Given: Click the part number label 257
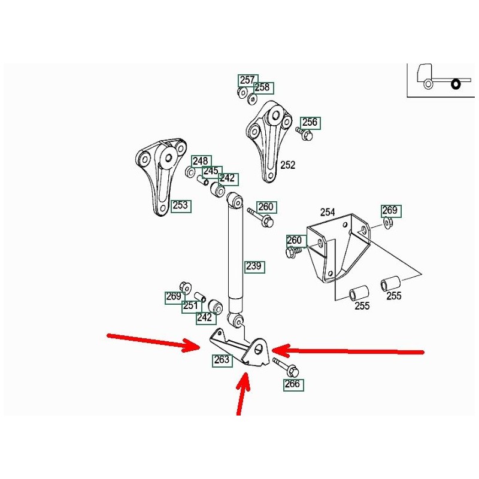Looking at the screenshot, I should point(247,80).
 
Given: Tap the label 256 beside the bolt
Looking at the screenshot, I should point(310,123).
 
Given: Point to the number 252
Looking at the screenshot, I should point(288,165).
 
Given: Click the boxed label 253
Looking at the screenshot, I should point(180,205).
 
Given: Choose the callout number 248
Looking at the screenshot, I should point(201,161).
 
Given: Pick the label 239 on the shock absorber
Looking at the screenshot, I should point(254,266).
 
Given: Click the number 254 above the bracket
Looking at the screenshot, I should point(328,213).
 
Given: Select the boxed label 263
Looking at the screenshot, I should point(222,360).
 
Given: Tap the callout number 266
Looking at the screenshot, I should point(293,384).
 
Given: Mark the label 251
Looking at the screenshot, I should point(191,306).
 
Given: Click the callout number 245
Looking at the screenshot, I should point(211,171).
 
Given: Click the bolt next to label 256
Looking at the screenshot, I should point(305,135).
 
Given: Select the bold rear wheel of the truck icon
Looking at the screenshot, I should point(455,84).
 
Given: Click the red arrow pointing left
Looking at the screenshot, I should point(347,350).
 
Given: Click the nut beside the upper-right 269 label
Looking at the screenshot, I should point(387,224).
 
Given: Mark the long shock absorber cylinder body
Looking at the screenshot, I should point(235,251).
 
